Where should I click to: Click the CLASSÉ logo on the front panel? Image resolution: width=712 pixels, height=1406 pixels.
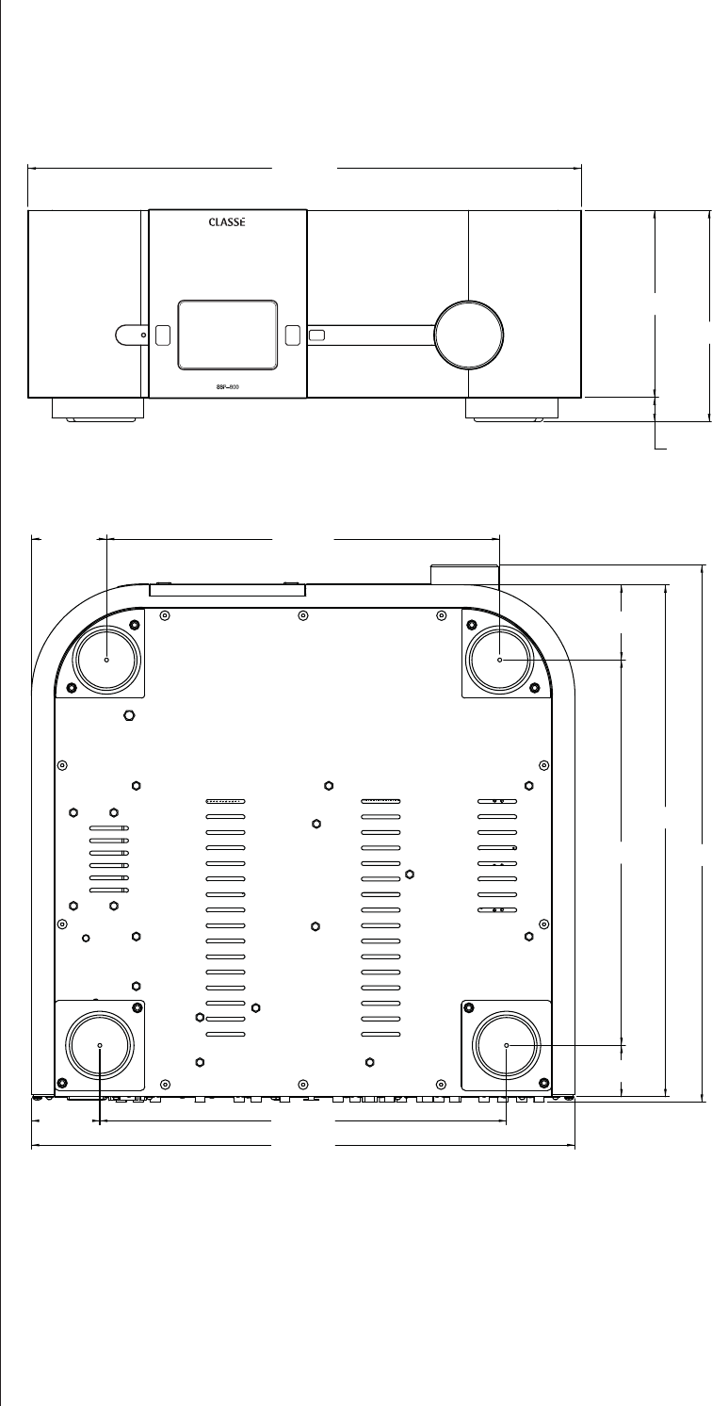click(x=227, y=223)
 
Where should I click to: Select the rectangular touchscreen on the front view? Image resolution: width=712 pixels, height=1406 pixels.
click(x=227, y=334)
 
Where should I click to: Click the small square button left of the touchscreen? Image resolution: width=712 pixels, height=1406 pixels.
click(x=163, y=334)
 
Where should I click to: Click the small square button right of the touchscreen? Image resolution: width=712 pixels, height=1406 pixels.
click(x=292, y=334)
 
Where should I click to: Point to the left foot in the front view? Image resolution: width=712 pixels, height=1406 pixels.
click(x=98, y=409)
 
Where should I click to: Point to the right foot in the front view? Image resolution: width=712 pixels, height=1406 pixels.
click(x=512, y=409)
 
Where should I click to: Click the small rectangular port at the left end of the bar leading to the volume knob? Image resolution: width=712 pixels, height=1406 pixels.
click(x=316, y=335)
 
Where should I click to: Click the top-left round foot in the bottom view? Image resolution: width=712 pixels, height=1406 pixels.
click(x=106, y=660)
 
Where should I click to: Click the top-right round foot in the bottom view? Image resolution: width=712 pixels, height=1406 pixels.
click(x=500, y=660)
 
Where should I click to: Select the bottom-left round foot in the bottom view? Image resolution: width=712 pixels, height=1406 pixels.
click(x=100, y=1046)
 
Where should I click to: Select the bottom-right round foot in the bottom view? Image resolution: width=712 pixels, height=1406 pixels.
click(x=507, y=1046)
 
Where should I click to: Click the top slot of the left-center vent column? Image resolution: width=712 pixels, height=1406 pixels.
click(x=225, y=801)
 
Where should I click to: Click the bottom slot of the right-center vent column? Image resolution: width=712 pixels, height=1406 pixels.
click(x=381, y=1034)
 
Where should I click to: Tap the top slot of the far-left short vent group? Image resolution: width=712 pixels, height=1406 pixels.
click(x=109, y=829)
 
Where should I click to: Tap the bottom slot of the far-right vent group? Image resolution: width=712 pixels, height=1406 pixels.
click(x=497, y=909)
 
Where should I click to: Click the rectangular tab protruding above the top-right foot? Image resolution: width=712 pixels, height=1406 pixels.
click(x=464, y=573)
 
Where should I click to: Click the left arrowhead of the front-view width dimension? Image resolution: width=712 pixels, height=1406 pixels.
click(x=32, y=169)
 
